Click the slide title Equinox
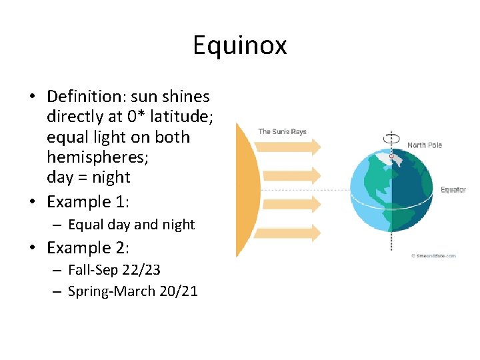[x=240, y=45]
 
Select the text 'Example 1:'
[x=88, y=201]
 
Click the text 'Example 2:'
[x=88, y=248]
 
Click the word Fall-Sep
[x=91, y=270]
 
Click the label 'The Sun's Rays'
[x=282, y=131]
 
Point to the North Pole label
[x=425, y=145]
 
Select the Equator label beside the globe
[x=453, y=190]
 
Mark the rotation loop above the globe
[x=392, y=138]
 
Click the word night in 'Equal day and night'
[x=177, y=225]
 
